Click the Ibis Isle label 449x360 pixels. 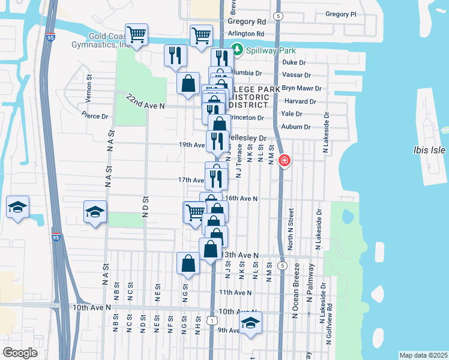pos(429,151)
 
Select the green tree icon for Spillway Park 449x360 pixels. pos(238,50)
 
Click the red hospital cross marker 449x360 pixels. pos(284,161)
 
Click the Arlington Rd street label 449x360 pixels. pos(246,34)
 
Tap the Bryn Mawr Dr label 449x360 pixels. pos(302,88)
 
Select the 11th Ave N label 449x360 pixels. pos(235,292)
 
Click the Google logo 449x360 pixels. pos(20,353)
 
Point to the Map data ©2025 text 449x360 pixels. pos(423,355)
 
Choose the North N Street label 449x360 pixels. pos(291,229)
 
